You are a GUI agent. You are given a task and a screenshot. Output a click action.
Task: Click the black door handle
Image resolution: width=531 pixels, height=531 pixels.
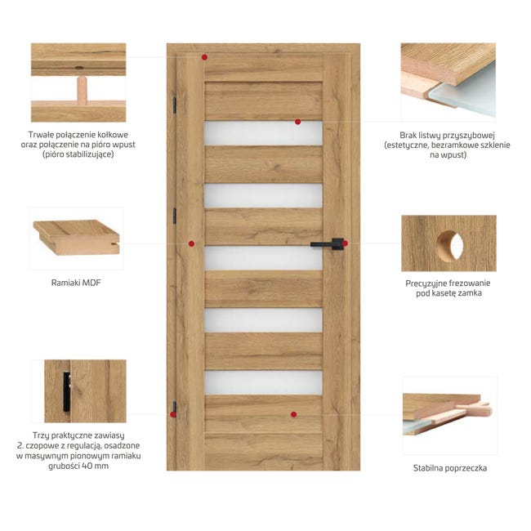pos(327,243)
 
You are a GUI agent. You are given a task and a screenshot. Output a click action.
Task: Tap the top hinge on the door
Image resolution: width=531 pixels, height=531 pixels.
pos(175,105)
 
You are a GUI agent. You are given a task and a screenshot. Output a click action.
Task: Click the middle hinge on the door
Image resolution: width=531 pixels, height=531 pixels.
pos(175,216)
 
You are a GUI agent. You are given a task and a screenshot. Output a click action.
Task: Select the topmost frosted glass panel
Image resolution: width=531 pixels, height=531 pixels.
pos(264,133)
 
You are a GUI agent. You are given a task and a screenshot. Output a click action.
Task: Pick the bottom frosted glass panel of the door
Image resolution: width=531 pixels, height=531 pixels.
pos(264,382)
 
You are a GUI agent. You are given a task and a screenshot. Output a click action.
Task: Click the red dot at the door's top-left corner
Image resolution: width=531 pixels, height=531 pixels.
pos(204,57)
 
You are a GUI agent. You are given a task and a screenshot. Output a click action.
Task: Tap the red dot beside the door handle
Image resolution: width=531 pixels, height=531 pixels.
pos(345,243)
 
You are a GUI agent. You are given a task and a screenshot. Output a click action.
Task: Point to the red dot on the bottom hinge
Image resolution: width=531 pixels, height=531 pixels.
pos(173,414)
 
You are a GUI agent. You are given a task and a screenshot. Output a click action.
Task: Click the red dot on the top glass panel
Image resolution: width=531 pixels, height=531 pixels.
pos(297,122)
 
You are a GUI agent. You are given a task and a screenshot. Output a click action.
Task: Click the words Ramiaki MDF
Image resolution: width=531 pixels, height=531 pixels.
pos(76,283)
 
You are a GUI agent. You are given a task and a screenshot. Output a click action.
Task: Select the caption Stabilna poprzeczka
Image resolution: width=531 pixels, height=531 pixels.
pos(450,468)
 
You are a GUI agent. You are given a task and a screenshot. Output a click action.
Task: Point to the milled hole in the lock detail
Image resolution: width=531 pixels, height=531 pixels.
pos(450,246)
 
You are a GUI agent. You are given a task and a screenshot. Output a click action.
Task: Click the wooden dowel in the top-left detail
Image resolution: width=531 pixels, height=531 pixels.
pos(82,90)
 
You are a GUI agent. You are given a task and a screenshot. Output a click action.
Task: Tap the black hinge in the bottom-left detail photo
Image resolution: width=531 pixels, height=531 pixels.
pos(67,391)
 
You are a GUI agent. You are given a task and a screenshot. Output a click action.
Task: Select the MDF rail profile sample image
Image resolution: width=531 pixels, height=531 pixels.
pos(77,237)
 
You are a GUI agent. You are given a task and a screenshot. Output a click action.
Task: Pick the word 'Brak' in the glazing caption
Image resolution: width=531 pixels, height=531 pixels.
pos(408,136)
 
